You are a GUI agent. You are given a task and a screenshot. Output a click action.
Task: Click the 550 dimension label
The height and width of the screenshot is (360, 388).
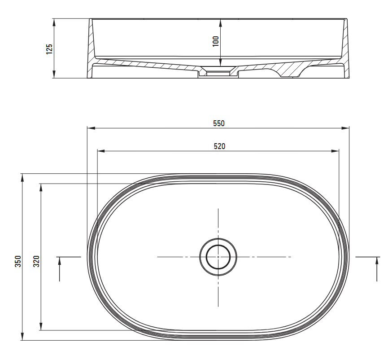pos(219,123)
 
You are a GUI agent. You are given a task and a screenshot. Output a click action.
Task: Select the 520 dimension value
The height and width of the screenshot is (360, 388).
pos(219,146)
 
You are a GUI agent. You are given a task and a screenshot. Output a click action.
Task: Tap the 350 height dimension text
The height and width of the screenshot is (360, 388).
pos(18,261)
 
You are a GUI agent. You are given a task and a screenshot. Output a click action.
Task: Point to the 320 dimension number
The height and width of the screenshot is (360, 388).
pos(36,261)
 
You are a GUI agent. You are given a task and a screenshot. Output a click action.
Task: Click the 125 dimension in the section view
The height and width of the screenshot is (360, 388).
pos(49,49)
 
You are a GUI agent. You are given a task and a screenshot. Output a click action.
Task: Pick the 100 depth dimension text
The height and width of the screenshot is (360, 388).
pos(215,41)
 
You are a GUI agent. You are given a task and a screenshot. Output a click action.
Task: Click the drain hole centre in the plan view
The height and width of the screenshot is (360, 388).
pos(218,257)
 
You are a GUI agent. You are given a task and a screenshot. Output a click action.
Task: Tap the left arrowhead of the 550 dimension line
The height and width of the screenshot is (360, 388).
pos(91,128)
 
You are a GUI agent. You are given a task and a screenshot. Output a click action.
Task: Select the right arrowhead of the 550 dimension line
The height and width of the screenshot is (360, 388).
pos(345,128)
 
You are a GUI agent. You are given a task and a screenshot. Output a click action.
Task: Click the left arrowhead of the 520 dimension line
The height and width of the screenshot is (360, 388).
pos(101,151)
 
